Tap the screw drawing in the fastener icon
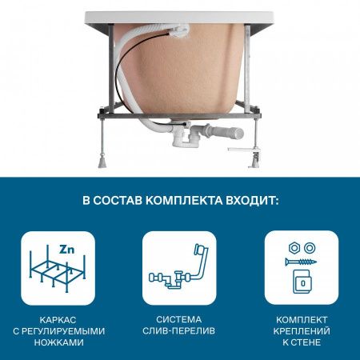pos(298,261)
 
